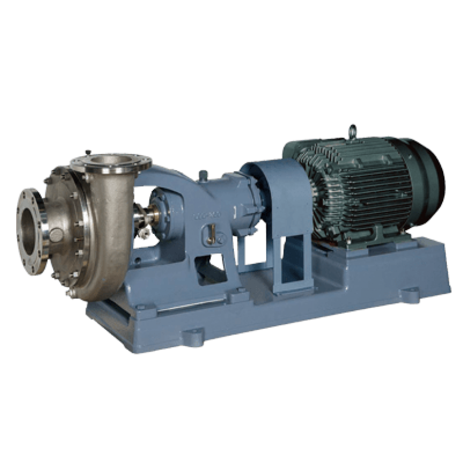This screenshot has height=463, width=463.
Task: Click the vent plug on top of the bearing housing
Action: click(x=203, y=175)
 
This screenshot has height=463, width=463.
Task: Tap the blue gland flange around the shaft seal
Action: click(x=160, y=208)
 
